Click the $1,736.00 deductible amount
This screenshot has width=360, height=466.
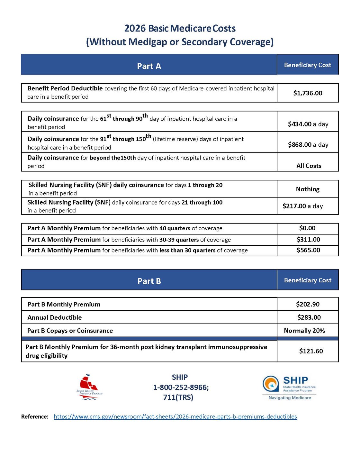click(x=308, y=93)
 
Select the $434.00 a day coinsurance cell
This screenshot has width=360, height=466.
click(x=308, y=124)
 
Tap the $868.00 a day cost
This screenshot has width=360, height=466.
click(x=308, y=145)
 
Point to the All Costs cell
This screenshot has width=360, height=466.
click(x=309, y=166)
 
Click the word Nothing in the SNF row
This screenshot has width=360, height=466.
click(x=308, y=189)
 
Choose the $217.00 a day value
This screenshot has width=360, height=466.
click(x=302, y=206)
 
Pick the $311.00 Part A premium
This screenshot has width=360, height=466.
click(x=308, y=240)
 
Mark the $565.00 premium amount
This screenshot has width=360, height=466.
click(x=308, y=250)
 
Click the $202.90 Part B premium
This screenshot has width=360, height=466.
click(x=308, y=304)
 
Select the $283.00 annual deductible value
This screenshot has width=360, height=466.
click(x=309, y=317)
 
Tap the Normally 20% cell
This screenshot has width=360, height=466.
click(x=304, y=331)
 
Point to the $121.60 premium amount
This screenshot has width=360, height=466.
click(x=311, y=351)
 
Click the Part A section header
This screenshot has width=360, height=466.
click(x=149, y=66)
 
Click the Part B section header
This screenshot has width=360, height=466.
click(x=149, y=281)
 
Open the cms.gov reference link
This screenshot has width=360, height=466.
click(x=175, y=417)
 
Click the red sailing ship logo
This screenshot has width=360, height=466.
click(x=89, y=387)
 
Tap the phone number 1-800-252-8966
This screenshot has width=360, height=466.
click(x=180, y=388)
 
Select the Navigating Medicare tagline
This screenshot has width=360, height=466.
click(x=290, y=398)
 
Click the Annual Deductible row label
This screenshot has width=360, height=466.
click(x=55, y=317)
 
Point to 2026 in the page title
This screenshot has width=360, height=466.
click(x=135, y=29)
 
